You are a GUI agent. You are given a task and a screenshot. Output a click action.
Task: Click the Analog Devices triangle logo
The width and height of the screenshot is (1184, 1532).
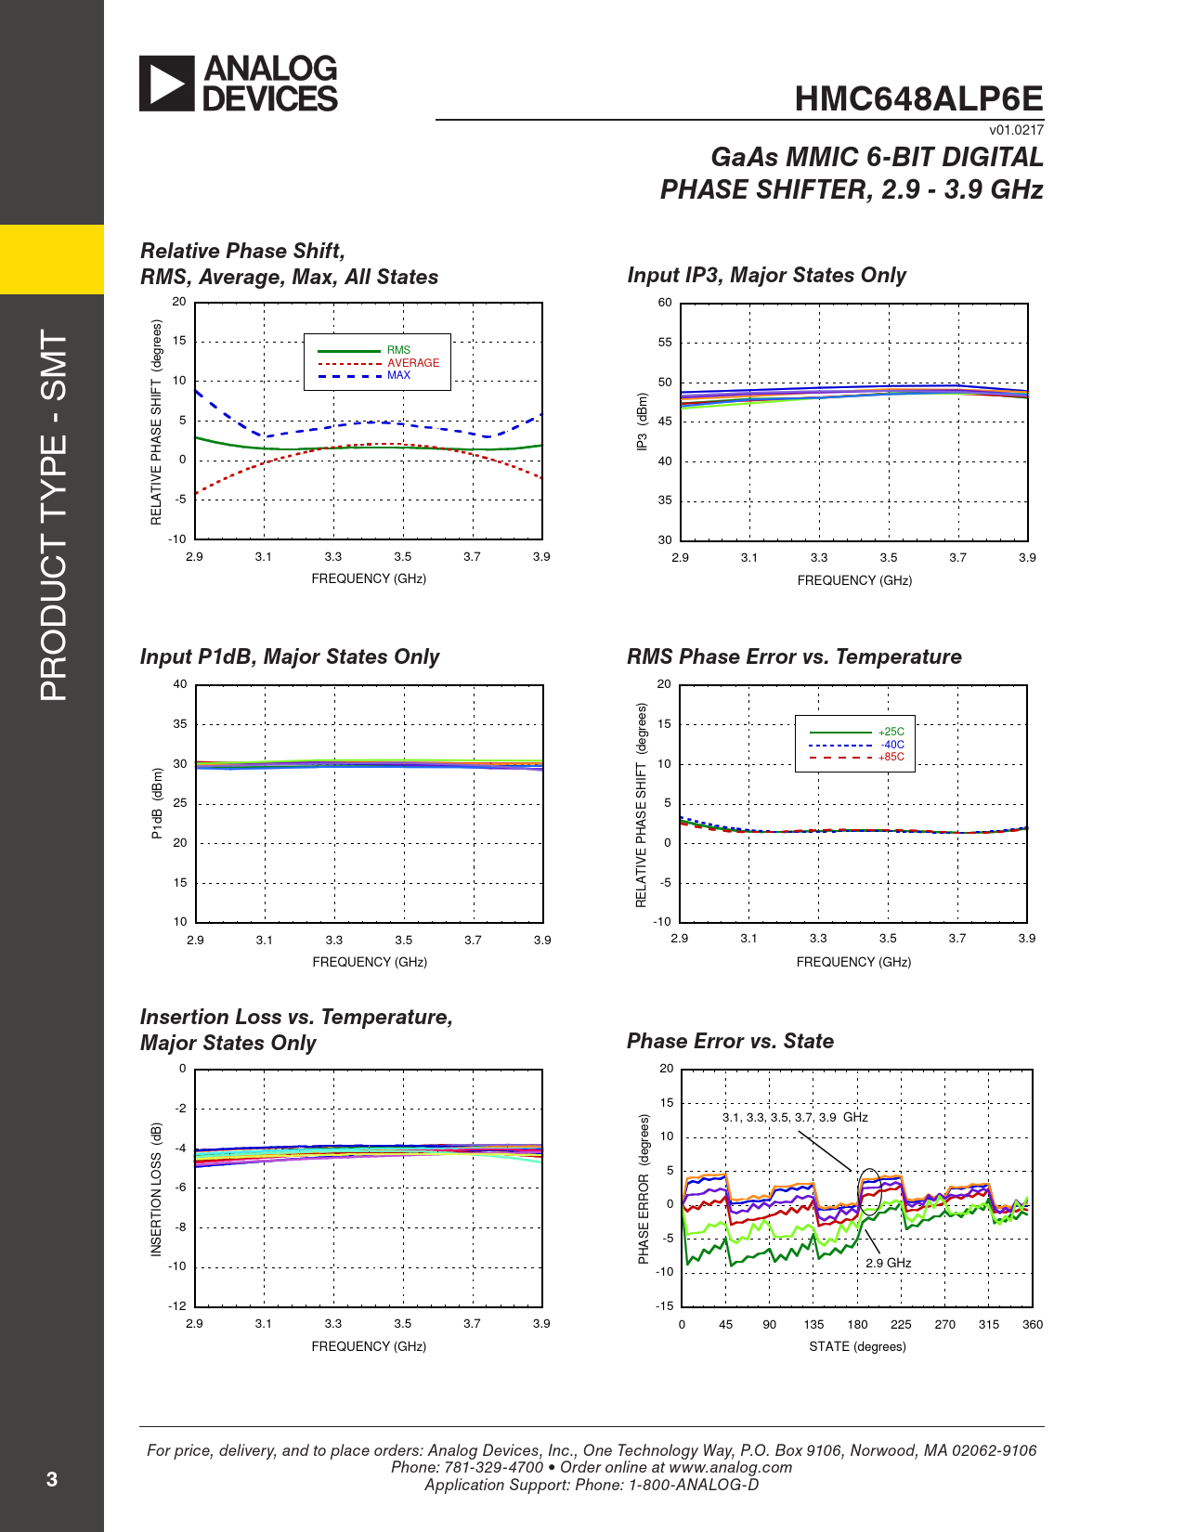pyautogui.click(x=167, y=84)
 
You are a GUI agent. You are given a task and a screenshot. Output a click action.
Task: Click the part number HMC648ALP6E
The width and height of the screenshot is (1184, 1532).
pyautogui.click(x=918, y=98)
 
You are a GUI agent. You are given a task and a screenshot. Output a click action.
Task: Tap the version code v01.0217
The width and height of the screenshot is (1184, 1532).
pyautogui.click(x=1016, y=130)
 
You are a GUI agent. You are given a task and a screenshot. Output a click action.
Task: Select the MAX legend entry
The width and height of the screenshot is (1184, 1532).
pyautogui.click(x=398, y=375)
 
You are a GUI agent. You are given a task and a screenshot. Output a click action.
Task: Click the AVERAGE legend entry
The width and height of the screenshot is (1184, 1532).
pyautogui.click(x=413, y=363)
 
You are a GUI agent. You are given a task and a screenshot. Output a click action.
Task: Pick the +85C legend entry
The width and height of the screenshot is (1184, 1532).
pyautogui.click(x=891, y=757)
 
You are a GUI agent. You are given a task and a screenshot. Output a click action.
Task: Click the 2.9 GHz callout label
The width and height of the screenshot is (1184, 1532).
pyautogui.click(x=888, y=1263)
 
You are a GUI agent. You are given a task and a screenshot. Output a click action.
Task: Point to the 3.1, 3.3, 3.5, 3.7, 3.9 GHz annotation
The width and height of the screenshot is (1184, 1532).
pyautogui.click(x=795, y=1117)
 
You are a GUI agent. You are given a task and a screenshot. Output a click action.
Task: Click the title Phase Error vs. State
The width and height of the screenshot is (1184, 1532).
pyautogui.click(x=730, y=1041)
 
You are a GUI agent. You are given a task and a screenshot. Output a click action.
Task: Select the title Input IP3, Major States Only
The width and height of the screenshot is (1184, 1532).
pyautogui.click(x=766, y=275)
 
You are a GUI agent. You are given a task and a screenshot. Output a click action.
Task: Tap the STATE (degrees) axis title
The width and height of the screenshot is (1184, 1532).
pyautogui.click(x=857, y=1346)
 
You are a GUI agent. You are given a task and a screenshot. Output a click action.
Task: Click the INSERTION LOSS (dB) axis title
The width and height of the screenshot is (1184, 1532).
pyautogui.click(x=156, y=1189)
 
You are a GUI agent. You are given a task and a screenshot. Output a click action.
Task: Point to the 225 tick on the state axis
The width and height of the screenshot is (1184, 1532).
pyautogui.click(x=901, y=1325)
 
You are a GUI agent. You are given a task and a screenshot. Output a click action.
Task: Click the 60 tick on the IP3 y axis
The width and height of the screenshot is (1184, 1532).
pyautogui.click(x=665, y=303)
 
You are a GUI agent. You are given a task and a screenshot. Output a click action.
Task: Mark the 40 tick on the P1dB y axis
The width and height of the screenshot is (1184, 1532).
pyautogui.click(x=180, y=684)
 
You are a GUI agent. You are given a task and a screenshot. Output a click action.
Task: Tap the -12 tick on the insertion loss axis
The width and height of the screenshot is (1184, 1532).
pyautogui.click(x=176, y=1305)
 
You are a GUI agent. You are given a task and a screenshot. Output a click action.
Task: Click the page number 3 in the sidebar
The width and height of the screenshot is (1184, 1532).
pyautogui.click(x=52, y=1479)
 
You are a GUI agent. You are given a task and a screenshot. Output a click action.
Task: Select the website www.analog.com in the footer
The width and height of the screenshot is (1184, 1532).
pyautogui.click(x=730, y=1467)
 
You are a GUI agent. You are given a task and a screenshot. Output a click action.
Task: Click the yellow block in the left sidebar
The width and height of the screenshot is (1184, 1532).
pyautogui.click(x=52, y=259)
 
